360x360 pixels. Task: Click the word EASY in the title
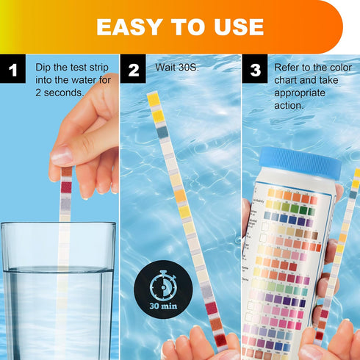coord(129,26)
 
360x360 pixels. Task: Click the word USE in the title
coord(237,26)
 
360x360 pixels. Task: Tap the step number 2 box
coord(134,72)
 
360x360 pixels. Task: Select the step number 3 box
coord(255,72)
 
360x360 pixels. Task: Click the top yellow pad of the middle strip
coord(153,99)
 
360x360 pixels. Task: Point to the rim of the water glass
coord(58,226)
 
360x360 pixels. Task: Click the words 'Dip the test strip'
coord(71,67)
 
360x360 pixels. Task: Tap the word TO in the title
coord(184,26)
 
